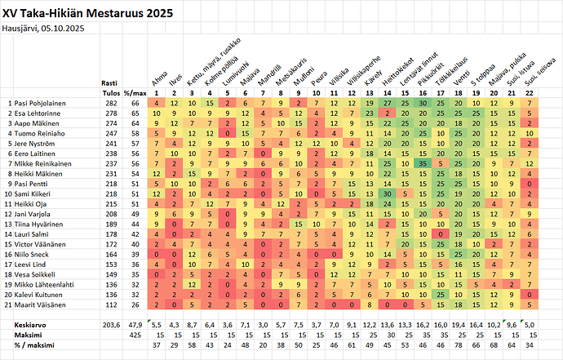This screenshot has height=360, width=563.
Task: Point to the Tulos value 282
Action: [110, 104]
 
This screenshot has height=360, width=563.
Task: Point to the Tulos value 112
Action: [110, 304]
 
